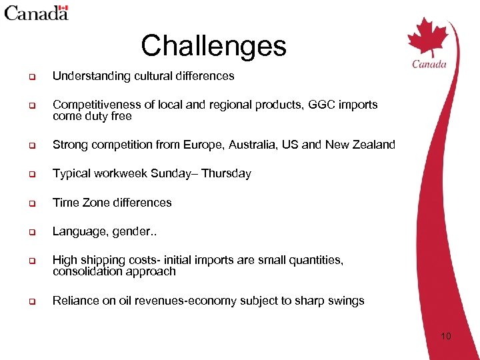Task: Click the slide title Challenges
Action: [x=213, y=46]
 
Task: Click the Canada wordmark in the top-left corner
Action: [x=37, y=12]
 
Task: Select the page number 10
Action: [x=445, y=336]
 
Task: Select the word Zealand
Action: [x=374, y=145]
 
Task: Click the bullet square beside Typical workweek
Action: [x=31, y=174]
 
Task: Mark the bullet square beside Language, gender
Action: [x=31, y=232]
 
